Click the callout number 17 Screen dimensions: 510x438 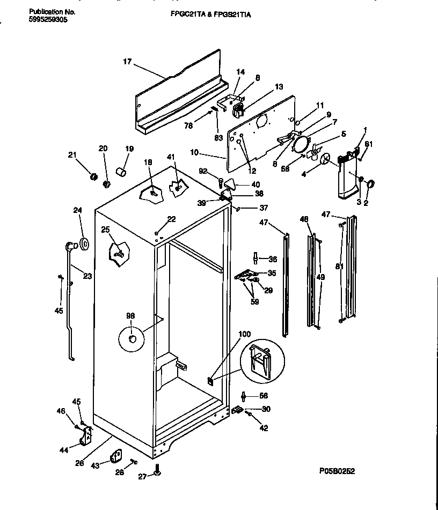127,62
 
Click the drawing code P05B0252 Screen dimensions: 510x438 336,471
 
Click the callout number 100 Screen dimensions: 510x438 244,334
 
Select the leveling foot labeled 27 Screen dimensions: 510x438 158,470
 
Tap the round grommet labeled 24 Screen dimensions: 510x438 84,244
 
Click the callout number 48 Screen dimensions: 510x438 304,219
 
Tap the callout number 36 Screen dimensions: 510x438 272,260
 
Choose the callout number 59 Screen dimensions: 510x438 254,301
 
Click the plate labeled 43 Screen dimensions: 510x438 114,457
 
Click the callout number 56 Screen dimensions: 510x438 263,396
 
